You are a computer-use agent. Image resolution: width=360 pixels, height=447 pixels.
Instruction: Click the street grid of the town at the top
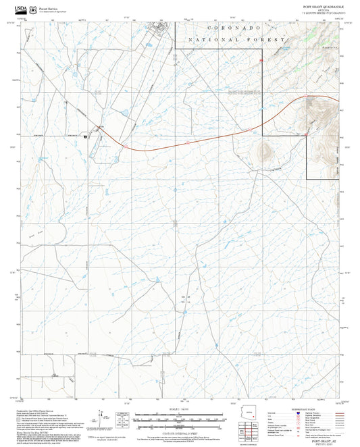(x=161, y=28)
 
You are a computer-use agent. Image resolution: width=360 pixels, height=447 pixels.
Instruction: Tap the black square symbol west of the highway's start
(x=86, y=136)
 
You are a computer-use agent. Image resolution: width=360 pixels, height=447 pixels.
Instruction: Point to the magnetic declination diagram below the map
(x=122, y=419)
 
